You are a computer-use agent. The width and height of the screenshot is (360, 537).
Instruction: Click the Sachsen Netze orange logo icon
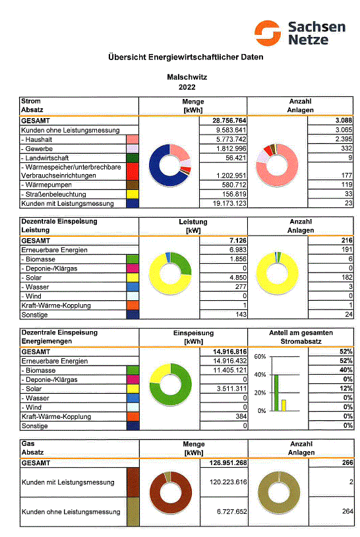(268, 33)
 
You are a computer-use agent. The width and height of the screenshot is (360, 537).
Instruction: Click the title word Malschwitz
(187, 77)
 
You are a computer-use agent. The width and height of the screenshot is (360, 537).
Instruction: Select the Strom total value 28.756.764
(229, 121)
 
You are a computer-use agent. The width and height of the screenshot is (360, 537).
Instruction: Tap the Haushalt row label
(39, 139)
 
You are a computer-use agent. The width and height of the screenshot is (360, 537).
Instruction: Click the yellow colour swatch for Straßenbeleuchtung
(133, 194)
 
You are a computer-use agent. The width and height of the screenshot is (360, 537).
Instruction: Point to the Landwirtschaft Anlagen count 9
(350, 158)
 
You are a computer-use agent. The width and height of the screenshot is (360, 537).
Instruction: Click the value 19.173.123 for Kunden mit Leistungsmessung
(229, 203)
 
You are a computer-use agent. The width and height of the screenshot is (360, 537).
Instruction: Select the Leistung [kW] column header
(193, 226)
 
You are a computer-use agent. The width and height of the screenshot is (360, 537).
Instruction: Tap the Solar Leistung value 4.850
(238, 277)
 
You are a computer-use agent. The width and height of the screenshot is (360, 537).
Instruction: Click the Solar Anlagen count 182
(347, 277)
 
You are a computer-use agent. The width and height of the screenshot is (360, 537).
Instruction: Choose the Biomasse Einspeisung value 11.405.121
(230, 370)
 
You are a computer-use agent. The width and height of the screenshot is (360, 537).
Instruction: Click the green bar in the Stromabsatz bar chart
(276, 393)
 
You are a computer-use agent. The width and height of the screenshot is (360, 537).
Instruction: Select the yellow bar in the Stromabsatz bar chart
(284, 405)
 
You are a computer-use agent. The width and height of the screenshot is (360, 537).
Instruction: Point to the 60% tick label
(260, 356)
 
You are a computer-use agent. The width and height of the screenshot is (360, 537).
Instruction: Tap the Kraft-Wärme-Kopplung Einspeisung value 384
(241, 416)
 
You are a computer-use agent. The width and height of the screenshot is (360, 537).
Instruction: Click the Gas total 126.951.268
(228, 462)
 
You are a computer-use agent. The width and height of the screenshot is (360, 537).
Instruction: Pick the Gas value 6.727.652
(231, 512)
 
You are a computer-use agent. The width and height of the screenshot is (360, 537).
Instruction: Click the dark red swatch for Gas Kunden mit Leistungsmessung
(133, 482)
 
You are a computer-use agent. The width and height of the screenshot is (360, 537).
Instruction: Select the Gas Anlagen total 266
(347, 462)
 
